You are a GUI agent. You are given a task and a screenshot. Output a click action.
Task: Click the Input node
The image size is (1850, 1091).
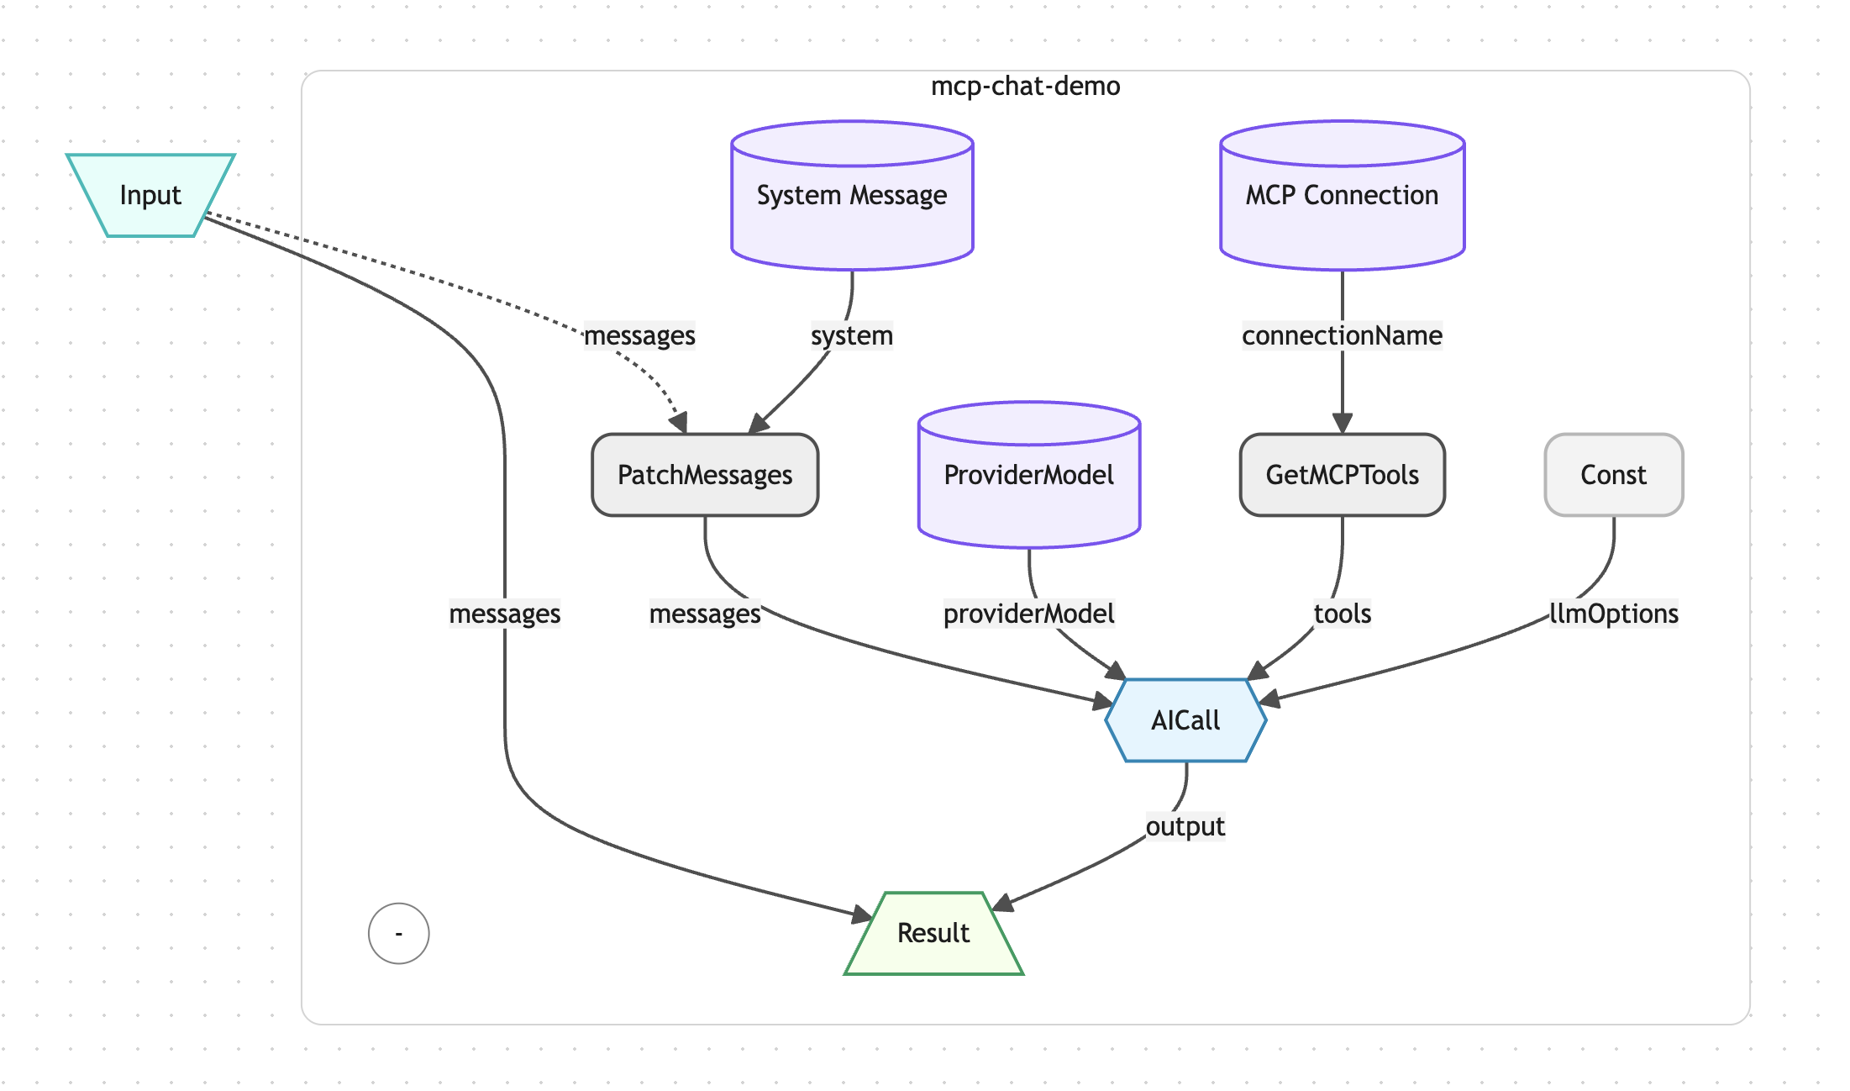[150, 195]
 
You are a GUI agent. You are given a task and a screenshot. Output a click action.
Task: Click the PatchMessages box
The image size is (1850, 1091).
[705, 475]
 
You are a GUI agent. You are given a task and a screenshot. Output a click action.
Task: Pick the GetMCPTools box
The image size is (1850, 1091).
[1342, 475]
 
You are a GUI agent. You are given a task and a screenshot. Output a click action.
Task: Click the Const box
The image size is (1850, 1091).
[1613, 475]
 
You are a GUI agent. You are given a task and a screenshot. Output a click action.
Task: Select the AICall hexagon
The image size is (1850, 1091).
[1185, 720]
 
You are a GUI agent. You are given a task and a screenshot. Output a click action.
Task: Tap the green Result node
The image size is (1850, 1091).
[933, 933]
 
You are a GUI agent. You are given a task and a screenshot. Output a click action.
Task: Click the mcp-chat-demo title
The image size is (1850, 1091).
[1025, 87]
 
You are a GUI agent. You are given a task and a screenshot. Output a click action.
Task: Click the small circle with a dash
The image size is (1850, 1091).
[399, 933]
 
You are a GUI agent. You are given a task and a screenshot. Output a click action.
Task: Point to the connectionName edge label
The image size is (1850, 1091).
[1342, 335]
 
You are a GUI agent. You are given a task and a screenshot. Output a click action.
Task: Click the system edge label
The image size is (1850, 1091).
[851, 335]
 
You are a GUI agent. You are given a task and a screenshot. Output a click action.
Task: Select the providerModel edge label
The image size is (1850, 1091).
[1028, 614]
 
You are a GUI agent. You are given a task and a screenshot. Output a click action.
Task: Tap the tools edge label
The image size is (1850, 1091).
[1342, 614]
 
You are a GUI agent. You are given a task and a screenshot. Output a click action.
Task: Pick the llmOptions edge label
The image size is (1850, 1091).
[1613, 614]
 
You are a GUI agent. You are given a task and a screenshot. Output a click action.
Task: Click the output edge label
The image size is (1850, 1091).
[1185, 826]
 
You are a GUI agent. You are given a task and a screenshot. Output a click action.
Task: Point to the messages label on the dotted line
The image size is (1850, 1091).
[639, 335]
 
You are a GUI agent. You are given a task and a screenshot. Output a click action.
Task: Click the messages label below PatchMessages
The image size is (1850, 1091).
[705, 614]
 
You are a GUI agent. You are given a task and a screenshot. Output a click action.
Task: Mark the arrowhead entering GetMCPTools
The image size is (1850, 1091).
[1342, 424]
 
